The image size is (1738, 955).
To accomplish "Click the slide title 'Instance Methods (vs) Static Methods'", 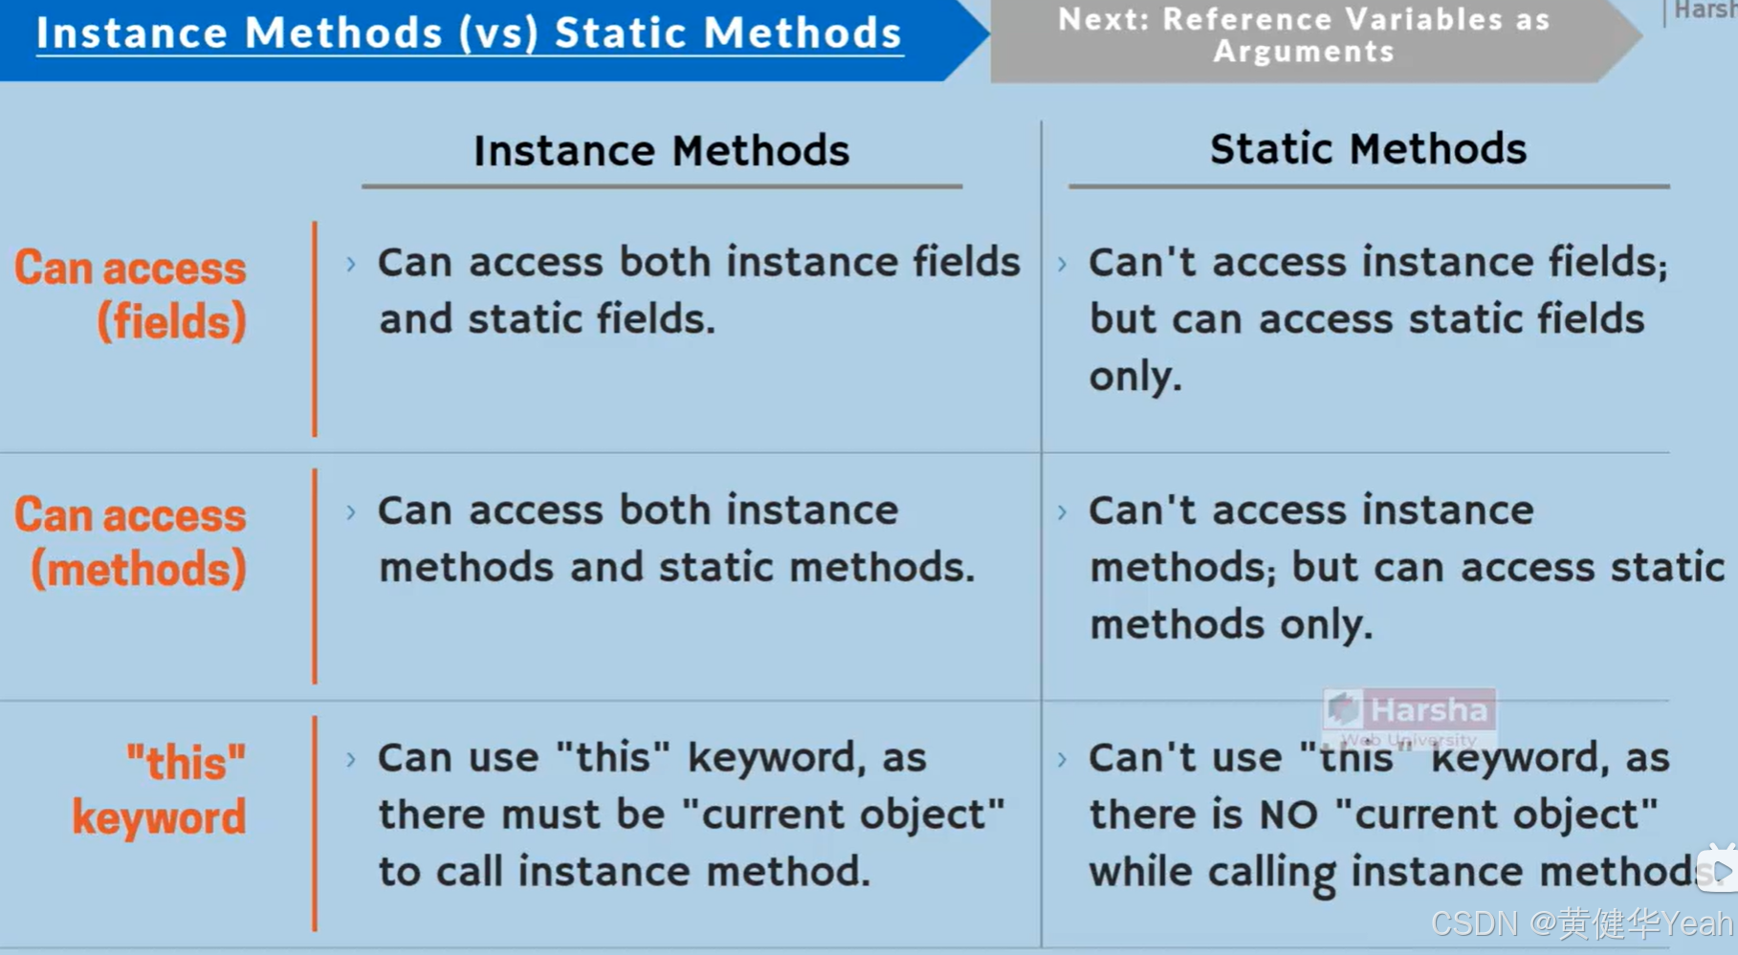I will pyautogui.click(x=469, y=33).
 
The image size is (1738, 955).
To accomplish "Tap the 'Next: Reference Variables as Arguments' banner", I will pyautogui.click(x=1303, y=35).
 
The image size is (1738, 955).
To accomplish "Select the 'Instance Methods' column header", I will pyautogui.click(x=661, y=151).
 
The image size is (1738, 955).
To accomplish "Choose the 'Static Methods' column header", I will pyautogui.click(x=1367, y=149).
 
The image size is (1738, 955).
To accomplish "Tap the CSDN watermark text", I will pyautogui.click(x=1580, y=923).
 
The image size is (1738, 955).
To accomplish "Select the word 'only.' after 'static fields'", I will pyautogui.click(x=1135, y=377).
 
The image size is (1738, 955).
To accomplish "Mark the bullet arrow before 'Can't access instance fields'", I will pyautogui.click(x=1062, y=264).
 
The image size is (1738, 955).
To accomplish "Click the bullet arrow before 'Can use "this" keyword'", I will pyautogui.click(x=351, y=760).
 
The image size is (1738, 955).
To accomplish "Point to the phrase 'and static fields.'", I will pyautogui.click(x=547, y=319).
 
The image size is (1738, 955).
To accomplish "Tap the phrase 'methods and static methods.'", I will pyautogui.click(x=676, y=568).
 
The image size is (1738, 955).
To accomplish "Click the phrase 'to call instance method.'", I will pyautogui.click(x=624, y=872).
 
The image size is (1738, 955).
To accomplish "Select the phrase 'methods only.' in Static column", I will pyautogui.click(x=1231, y=625).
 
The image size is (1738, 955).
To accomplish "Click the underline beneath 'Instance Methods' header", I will pyautogui.click(x=661, y=186).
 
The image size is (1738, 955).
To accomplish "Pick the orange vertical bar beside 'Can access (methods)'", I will pyautogui.click(x=314, y=576).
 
